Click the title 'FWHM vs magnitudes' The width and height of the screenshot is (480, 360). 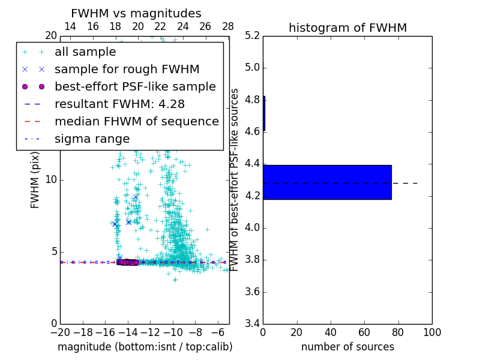pos(136,14)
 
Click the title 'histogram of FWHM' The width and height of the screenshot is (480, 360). pos(347,28)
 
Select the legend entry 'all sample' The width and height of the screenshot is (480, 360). pos(85,52)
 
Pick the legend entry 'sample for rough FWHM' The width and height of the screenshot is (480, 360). pos(127,70)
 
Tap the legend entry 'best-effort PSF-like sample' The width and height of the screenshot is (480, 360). pos(135,87)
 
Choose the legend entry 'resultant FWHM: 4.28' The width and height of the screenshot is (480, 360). pos(119,104)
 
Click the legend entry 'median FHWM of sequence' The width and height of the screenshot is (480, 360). pos(136,122)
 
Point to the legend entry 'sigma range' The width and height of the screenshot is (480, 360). pos(92,139)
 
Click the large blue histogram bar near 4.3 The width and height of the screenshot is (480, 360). pos(327,182)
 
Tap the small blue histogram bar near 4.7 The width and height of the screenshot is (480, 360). pos(264,113)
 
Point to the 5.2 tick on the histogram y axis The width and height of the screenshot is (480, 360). pos(252,35)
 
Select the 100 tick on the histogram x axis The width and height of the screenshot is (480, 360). pos(432,332)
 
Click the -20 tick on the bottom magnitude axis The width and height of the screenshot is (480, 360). pos(60,332)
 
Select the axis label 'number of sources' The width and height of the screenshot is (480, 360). pos(347,347)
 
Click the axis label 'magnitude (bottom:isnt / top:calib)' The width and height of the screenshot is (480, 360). pos(145,347)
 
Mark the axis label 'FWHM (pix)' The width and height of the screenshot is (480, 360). pos(35,179)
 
